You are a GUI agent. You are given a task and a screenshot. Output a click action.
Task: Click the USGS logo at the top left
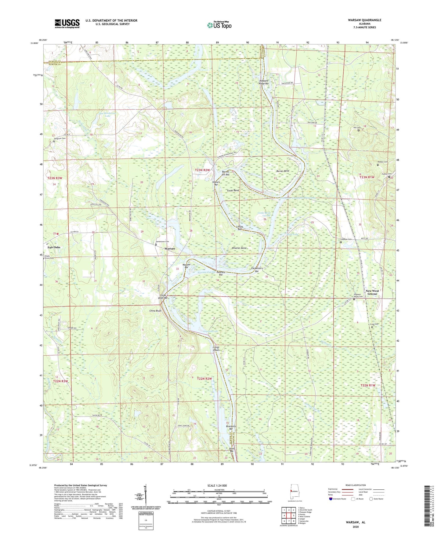point(67,24)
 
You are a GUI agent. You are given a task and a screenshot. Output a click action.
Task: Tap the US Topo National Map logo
point(219,25)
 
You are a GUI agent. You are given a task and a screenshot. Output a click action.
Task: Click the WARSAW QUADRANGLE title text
point(364,20)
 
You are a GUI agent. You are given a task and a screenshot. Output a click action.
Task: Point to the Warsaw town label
point(170,249)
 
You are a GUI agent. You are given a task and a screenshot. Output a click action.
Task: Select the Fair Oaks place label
point(54,247)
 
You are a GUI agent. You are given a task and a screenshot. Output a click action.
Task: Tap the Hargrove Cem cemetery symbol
point(54,142)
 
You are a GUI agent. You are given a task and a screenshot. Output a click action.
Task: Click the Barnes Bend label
point(282,171)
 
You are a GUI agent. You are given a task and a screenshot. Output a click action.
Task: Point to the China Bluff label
point(155,311)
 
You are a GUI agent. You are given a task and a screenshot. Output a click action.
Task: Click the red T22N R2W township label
point(204,379)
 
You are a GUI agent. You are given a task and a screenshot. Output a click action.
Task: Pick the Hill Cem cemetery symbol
point(359,130)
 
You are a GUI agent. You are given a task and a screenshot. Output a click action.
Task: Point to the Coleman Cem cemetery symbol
point(341,242)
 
